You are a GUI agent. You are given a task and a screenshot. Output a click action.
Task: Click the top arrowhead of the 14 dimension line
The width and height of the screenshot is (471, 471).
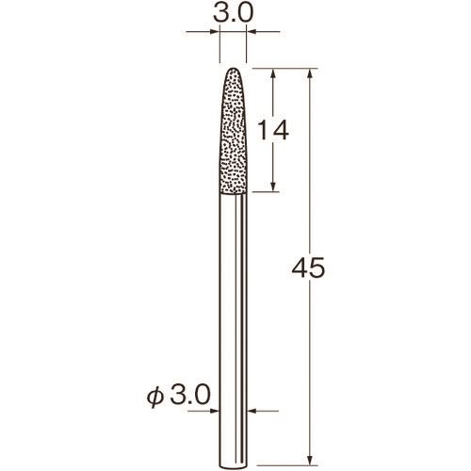(272, 73)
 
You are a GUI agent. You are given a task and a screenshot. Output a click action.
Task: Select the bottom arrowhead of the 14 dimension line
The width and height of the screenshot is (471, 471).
(272, 190)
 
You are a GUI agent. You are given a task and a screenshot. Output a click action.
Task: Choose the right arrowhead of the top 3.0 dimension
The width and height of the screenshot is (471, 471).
(252, 33)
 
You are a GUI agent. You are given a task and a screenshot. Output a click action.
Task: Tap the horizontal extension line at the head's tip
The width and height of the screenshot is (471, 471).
(283, 68)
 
